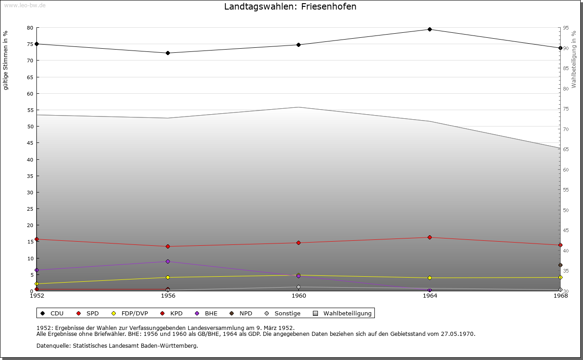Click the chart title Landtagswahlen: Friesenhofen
coord(290,7)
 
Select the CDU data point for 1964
coord(430,30)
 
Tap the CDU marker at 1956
coord(168,53)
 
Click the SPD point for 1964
coord(430,237)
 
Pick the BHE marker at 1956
coord(168,262)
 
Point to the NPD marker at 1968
coord(560,265)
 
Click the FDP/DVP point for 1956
coord(168,278)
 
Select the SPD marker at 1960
coord(299,243)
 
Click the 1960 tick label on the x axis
coord(299,296)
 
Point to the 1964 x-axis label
coord(430,296)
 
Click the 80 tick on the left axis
coord(30,28)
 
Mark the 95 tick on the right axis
coord(566,28)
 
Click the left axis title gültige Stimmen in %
coord(6,60)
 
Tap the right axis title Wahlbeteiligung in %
coord(574,59)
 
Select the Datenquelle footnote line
coord(117,346)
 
